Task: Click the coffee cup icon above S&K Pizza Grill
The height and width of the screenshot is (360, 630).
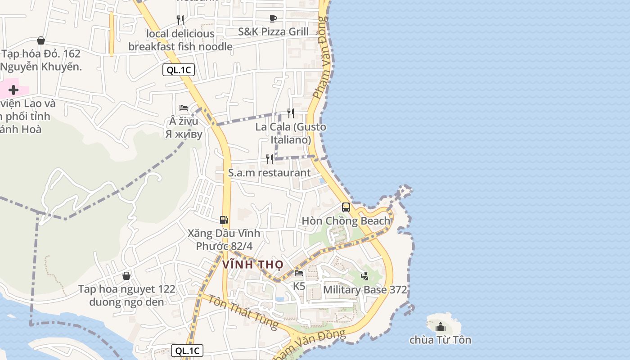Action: click(x=273, y=18)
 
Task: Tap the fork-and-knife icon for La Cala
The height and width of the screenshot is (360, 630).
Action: click(x=291, y=113)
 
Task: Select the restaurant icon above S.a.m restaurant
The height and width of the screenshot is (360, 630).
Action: click(x=270, y=159)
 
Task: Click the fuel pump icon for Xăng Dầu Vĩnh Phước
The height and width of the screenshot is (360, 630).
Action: click(x=224, y=220)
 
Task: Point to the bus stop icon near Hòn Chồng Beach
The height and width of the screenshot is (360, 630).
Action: click(x=346, y=207)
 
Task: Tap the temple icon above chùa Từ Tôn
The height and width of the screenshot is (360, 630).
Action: click(x=441, y=326)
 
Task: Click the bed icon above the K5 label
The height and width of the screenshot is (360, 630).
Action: click(x=299, y=273)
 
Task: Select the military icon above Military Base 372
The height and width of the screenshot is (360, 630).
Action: click(x=365, y=276)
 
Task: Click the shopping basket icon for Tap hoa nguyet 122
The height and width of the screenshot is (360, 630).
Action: click(x=126, y=276)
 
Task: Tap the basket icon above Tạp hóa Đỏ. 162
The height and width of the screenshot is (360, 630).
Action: click(x=41, y=40)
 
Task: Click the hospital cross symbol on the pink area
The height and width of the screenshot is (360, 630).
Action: click(x=13, y=90)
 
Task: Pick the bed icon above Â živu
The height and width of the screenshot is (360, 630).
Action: click(x=184, y=108)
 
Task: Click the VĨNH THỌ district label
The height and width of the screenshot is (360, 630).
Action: click(x=252, y=265)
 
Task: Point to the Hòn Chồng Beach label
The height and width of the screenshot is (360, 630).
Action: click(x=346, y=221)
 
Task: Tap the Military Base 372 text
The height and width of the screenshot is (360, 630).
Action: click(x=365, y=290)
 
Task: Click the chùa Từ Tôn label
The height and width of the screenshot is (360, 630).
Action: click(x=440, y=340)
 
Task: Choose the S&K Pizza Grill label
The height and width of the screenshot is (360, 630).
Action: click(x=273, y=31)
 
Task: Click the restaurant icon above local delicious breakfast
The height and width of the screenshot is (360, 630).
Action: click(x=180, y=20)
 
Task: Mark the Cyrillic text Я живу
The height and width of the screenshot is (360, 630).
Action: click(x=184, y=134)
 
